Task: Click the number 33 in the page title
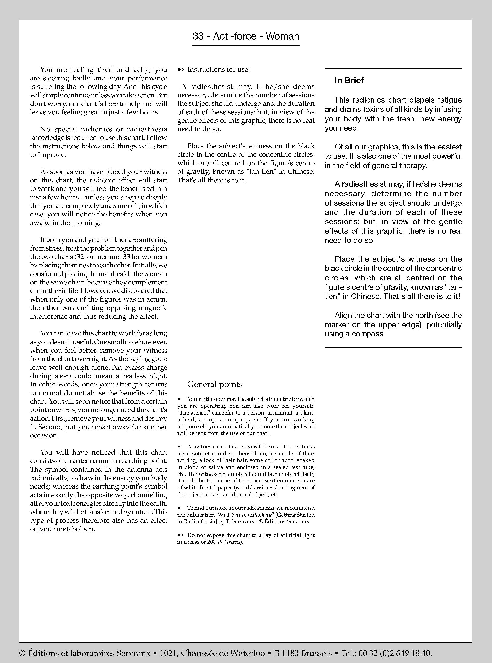coord(198,36)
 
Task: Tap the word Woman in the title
coord(282,36)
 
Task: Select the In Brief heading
coord(349,80)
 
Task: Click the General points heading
coord(215,384)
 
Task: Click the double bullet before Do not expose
coord(180,535)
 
